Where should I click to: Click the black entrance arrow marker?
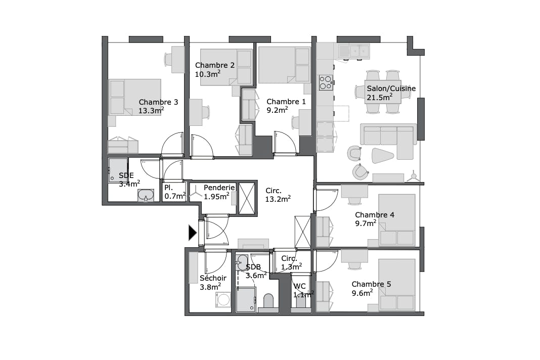pyautogui.click(x=192, y=233)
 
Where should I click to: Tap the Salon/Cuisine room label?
pyautogui.click(x=391, y=88)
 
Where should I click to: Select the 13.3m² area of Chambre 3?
pyautogui.click(x=151, y=111)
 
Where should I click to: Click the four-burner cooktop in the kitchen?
pyautogui.click(x=326, y=81)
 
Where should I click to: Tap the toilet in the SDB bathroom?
pyautogui.click(x=268, y=302)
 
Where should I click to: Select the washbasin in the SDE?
pyautogui.click(x=147, y=196)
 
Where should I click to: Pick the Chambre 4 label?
pyautogui.click(x=374, y=215)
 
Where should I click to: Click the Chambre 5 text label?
pyautogui.click(x=371, y=284)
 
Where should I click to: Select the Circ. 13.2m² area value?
pyautogui.click(x=278, y=199)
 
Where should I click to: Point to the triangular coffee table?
pyautogui.click(x=382, y=156)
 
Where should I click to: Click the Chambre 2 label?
pyautogui.click(x=214, y=65)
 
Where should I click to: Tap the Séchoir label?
pyautogui.click(x=213, y=278)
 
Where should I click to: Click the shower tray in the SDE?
pyautogui.click(x=117, y=170)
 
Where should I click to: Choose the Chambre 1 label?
pyautogui.click(x=286, y=102)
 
